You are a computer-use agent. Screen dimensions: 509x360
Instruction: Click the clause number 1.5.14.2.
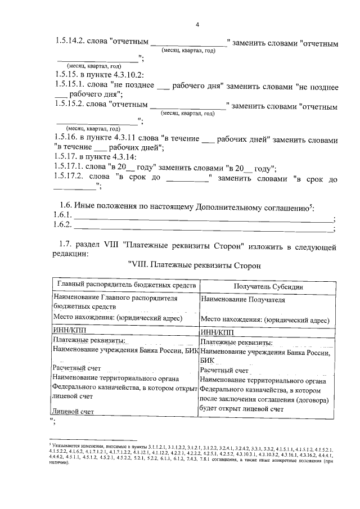(72, 42)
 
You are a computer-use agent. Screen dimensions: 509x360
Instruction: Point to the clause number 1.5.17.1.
(72, 167)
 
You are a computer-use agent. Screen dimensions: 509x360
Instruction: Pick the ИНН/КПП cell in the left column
(67, 331)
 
